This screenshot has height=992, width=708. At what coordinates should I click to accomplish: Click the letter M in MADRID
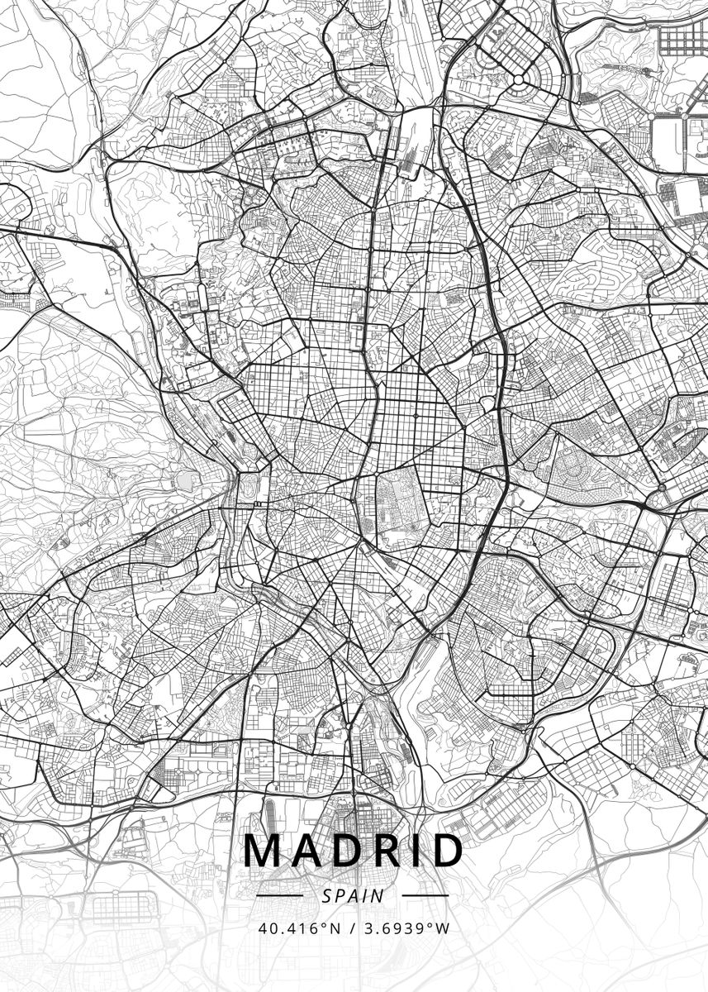tap(263, 851)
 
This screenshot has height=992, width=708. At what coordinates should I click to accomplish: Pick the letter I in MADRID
tap(413, 851)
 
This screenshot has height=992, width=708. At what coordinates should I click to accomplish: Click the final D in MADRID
tap(444, 851)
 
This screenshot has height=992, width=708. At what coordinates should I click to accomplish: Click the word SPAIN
tap(354, 895)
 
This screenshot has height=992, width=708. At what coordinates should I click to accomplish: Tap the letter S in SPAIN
tap(327, 895)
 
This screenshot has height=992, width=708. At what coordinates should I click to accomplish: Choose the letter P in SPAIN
tap(340, 895)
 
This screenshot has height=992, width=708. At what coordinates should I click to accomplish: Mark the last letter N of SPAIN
tap(379, 895)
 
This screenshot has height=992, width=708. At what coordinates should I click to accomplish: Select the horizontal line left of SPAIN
tap(281, 895)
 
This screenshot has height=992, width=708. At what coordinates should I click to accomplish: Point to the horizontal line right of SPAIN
tap(425, 895)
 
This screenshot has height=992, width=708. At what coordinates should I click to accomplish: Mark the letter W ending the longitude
tap(443, 928)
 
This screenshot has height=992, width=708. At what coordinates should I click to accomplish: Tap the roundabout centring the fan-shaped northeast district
tap(519, 79)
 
